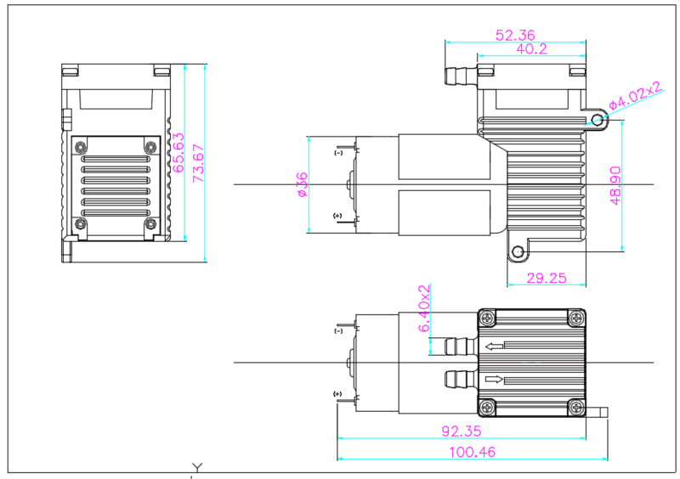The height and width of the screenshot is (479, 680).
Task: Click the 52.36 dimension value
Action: point(516,35)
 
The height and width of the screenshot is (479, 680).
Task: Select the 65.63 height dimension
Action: point(179,153)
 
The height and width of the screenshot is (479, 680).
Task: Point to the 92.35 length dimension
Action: point(462,431)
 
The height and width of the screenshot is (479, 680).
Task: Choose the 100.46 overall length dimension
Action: point(473,452)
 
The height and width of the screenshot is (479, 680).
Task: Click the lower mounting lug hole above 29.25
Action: point(516,251)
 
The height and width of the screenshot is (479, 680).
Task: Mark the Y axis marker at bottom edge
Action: point(197,467)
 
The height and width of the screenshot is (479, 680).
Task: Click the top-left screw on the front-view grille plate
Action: point(82,148)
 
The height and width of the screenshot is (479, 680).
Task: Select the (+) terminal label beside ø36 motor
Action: point(338,217)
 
